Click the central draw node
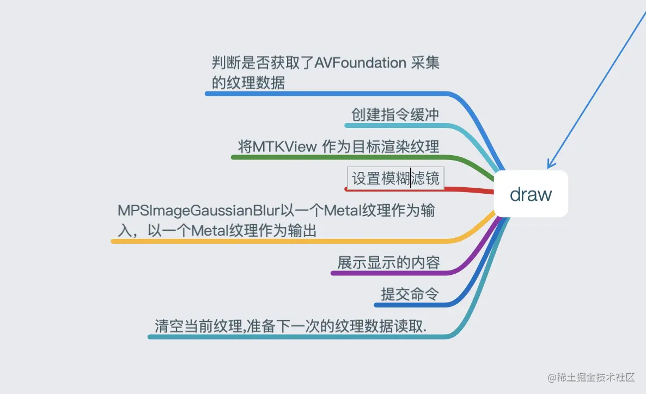point(531,194)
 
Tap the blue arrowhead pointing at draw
point(551,163)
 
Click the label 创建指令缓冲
point(395,115)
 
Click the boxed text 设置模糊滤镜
point(395,178)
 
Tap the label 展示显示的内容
point(388,263)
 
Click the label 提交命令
point(410,294)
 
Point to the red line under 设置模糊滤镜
point(414,189)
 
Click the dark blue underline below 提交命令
point(414,305)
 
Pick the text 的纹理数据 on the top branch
point(248,83)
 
